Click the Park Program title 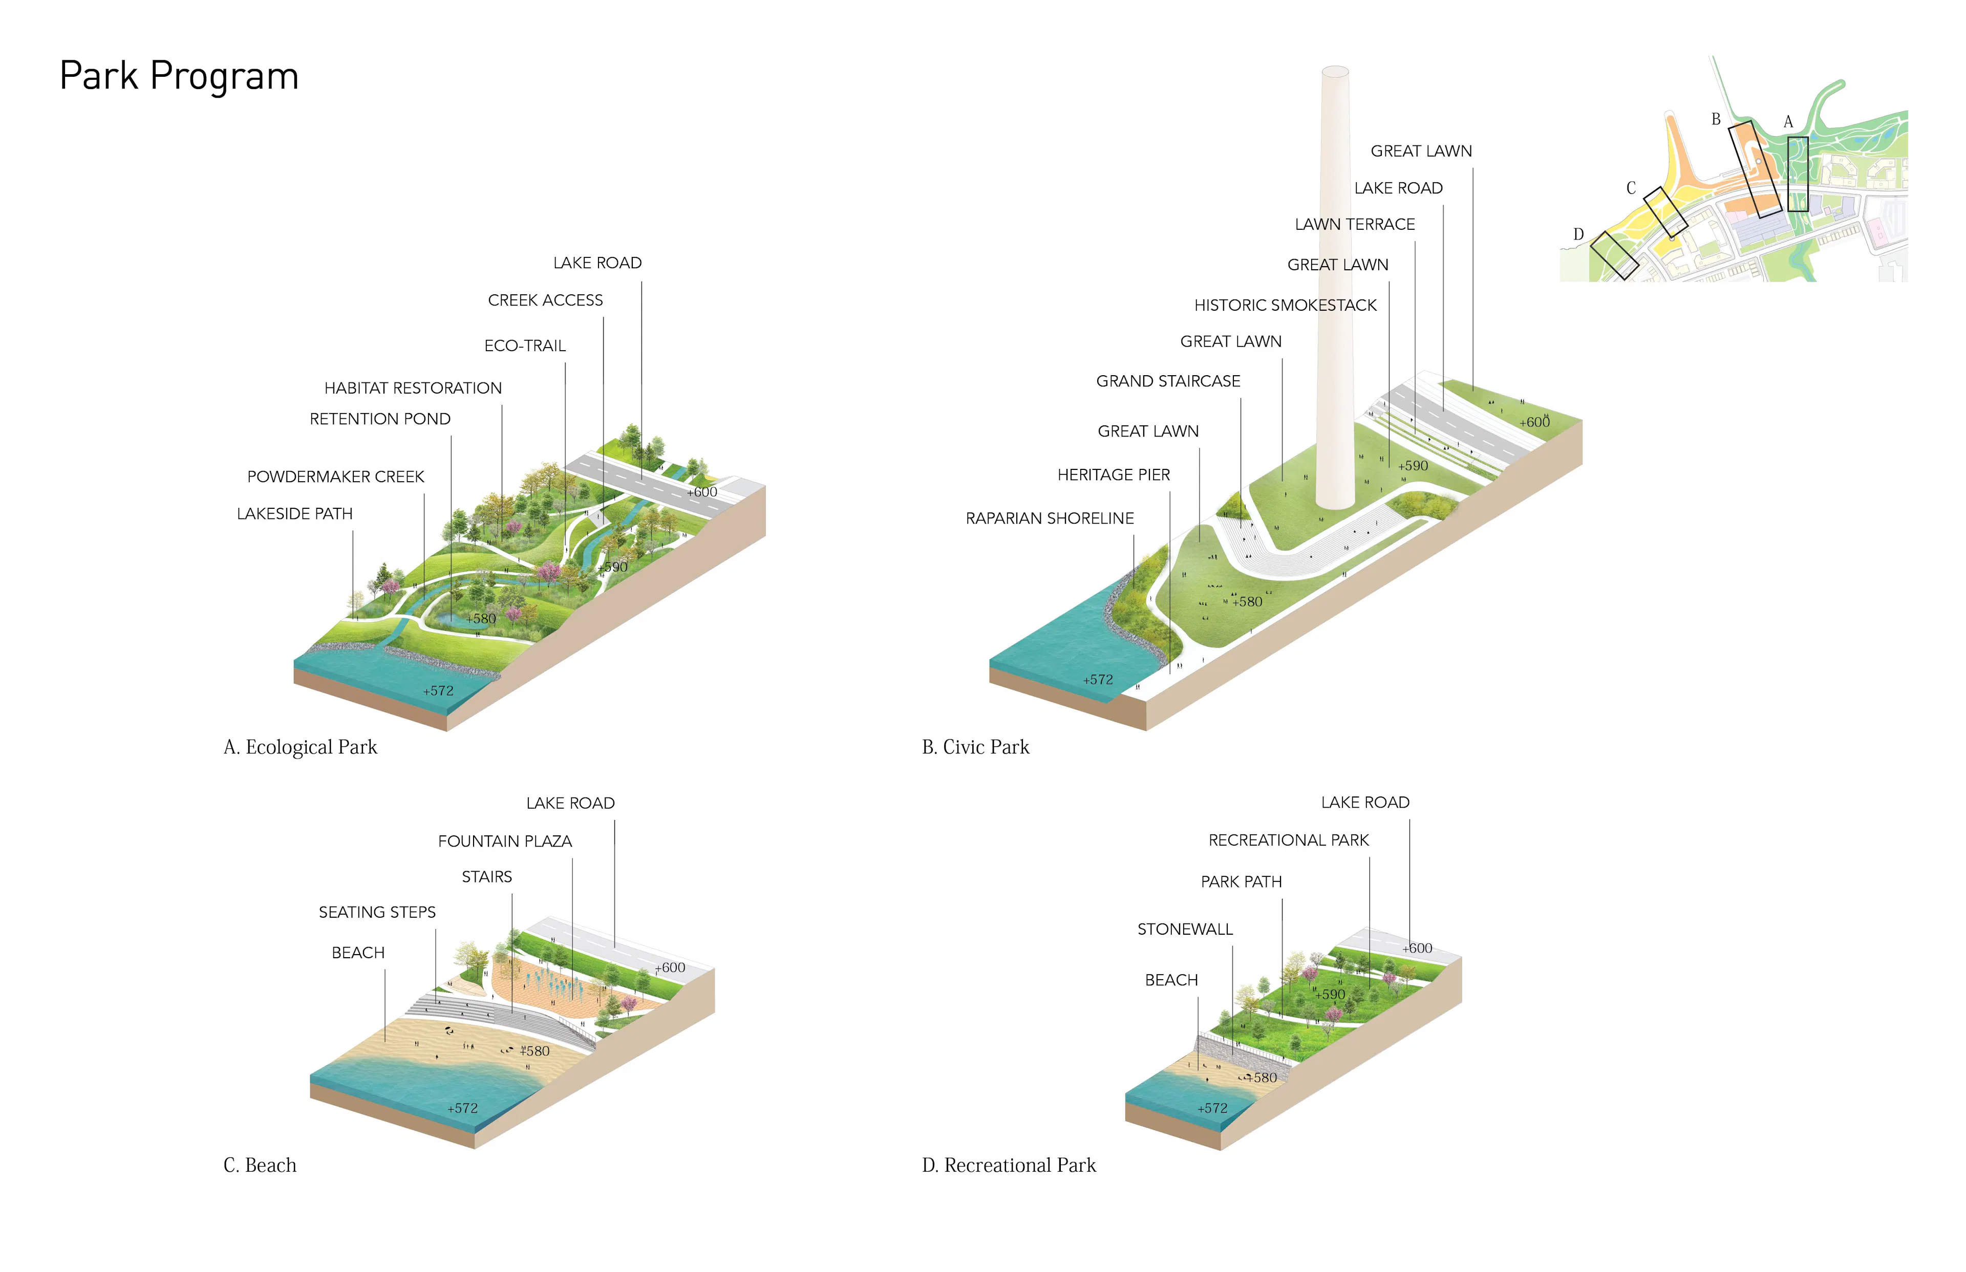179,76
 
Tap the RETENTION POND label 380,419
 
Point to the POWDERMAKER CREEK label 335,477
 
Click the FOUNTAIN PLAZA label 505,841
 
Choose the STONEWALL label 1185,929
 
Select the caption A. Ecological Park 300,747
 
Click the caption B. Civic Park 975,747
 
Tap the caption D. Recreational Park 1009,1166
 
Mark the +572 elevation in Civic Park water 1098,680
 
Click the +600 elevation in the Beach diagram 670,967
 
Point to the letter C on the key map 1631,188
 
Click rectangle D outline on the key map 1614,255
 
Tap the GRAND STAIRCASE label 1167,381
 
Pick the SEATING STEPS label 377,912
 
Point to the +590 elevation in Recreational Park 1330,995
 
